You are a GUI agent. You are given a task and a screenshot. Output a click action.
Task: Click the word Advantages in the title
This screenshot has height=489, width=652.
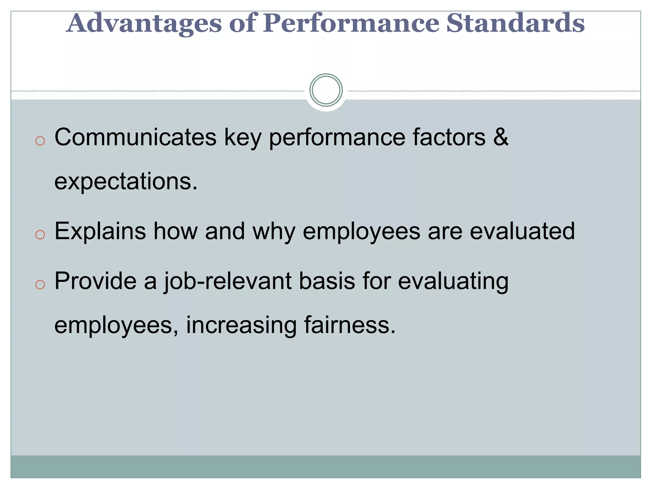[144, 24]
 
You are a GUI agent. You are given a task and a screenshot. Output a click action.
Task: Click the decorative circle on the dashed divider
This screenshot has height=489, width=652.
[326, 90]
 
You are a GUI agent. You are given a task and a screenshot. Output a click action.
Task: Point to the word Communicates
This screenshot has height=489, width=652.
[135, 137]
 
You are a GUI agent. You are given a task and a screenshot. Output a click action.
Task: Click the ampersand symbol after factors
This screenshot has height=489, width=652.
[500, 137]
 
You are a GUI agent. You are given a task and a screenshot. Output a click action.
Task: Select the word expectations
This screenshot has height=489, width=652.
[126, 181]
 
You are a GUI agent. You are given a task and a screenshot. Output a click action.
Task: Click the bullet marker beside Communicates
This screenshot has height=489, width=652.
[40, 141]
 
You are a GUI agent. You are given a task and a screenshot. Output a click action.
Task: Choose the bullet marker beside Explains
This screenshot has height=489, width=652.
[40, 235]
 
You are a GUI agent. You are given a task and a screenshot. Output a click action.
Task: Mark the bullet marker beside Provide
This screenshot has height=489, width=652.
[40, 284]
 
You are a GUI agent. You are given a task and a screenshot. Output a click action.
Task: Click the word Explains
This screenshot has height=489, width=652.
[100, 231]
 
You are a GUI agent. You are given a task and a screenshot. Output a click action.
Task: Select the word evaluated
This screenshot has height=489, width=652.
[522, 231]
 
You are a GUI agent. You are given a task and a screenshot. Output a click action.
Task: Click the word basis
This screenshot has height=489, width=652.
[327, 281]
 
